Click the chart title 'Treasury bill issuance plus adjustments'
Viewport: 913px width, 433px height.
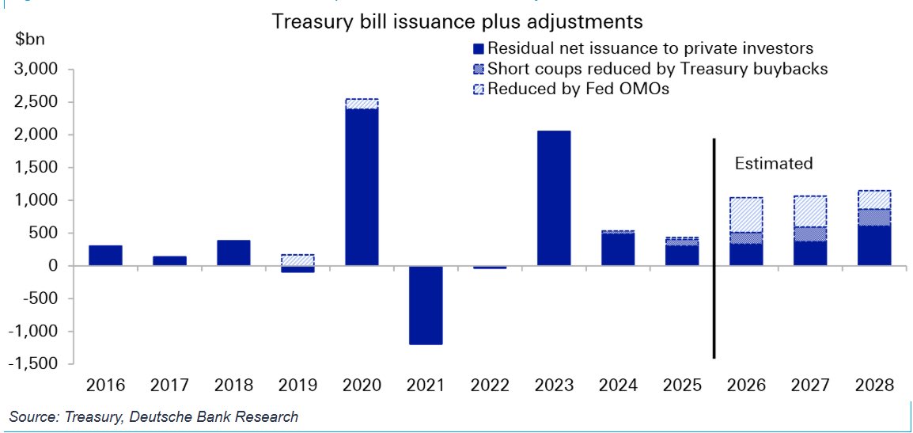coord(456,21)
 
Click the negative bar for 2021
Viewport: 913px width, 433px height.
coord(426,305)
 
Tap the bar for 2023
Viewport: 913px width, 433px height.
coord(554,198)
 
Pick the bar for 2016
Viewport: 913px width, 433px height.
coord(105,256)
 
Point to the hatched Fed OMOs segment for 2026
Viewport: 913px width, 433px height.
coord(746,215)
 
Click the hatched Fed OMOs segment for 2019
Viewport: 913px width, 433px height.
coord(297,260)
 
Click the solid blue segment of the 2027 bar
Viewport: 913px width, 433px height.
coord(810,253)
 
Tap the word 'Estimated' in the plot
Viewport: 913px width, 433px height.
coord(773,164)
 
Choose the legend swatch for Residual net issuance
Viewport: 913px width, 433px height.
coord(478,49)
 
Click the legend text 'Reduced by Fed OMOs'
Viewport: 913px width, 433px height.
coord(578,89)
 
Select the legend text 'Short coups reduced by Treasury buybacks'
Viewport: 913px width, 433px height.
coord(657,69)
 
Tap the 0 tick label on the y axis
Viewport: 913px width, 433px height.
coord(54,266)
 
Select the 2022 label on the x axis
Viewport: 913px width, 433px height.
coord(490,386)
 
